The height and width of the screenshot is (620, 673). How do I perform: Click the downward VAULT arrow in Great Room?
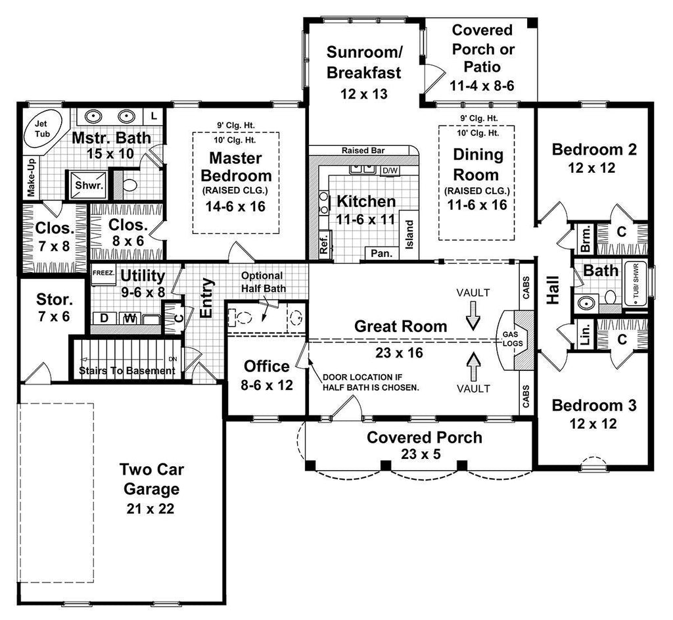tap(473, 318)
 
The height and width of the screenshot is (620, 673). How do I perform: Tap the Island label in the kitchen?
tap(409, 234)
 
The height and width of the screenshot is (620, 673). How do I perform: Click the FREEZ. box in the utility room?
tap(103, 272)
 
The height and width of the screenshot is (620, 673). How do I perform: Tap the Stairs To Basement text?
tap(127, 371)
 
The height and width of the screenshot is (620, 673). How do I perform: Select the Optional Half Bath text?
tap(262, 282)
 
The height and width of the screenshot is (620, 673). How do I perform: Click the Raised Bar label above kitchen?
tap(363, 151)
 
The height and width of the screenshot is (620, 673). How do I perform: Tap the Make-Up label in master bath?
tap(30, 177)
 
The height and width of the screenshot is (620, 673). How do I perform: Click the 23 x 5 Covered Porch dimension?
tap(424, 453)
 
